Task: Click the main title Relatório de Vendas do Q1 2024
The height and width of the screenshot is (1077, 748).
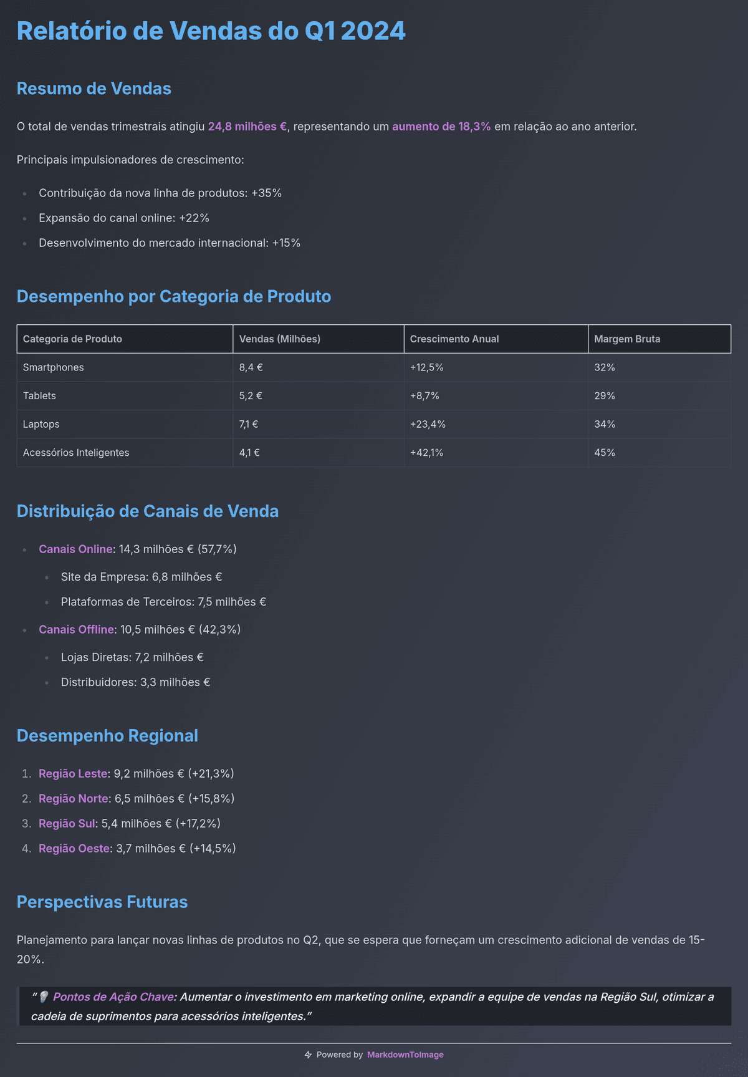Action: point(211,31)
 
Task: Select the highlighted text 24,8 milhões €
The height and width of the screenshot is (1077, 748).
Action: point(247,127)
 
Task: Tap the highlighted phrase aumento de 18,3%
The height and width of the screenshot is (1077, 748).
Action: point(441,127)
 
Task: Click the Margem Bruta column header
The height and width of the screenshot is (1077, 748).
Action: point(626,339)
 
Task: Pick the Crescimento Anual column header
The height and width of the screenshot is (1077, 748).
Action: point(454,339)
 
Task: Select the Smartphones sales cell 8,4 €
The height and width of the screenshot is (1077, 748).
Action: point(251,368)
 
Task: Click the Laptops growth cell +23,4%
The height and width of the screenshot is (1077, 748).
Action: point(428,425)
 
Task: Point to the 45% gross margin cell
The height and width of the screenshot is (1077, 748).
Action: point(604,453)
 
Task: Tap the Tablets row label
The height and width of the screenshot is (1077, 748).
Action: point(39,396)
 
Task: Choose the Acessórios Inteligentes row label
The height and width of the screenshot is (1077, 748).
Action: point(76,453)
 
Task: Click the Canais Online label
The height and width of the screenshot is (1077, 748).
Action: point(75,549)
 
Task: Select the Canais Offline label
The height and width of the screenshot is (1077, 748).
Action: point(76,630)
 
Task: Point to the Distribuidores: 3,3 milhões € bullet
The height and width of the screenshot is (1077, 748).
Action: point(135,683)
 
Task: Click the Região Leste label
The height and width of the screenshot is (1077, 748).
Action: point(72,774)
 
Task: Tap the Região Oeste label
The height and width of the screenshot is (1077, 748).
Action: point(74,849)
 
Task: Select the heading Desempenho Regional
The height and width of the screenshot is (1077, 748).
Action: point(107,736)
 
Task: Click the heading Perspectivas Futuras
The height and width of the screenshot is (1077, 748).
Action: point(102,902)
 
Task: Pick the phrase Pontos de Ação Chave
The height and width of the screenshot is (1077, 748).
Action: point(113,997)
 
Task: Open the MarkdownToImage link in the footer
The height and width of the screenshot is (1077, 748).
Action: point(405,1055)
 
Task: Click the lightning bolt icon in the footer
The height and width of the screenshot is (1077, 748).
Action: point(308,1055)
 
